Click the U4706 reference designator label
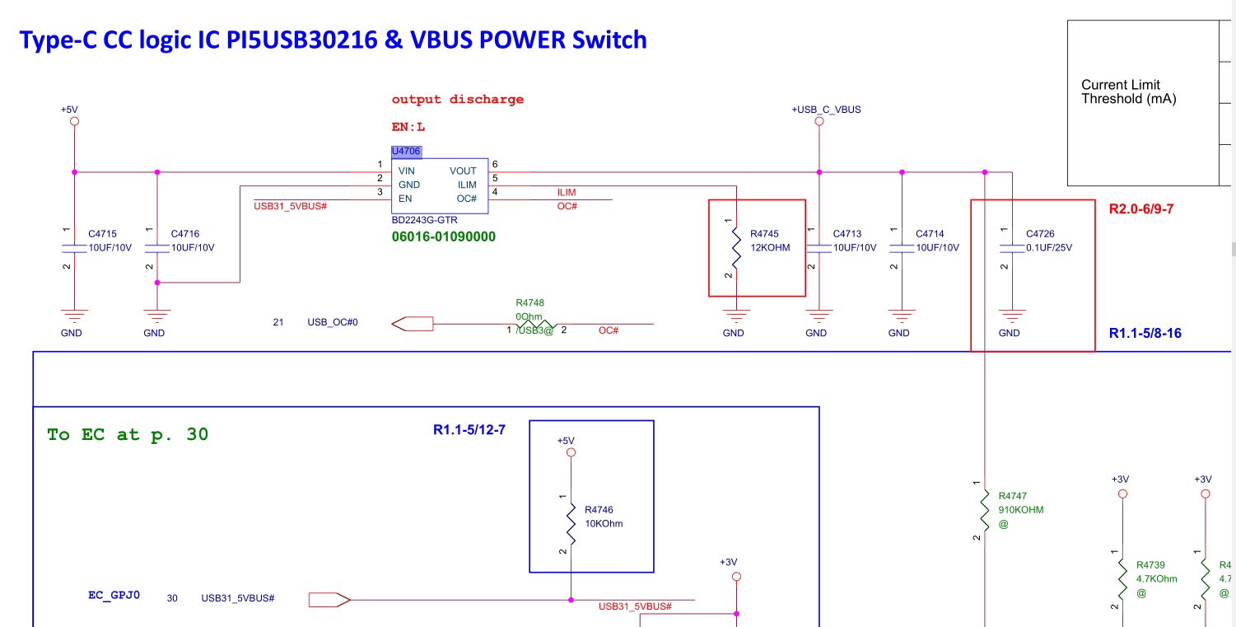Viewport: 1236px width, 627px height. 406,152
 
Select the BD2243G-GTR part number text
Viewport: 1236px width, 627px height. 425,221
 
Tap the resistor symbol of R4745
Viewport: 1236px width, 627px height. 735,247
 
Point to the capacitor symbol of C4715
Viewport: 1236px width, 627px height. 74,247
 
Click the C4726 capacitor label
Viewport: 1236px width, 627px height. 1040,234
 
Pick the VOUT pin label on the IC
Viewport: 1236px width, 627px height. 463,171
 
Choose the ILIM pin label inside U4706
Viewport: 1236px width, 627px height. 467,185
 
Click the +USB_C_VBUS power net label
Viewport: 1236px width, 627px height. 826,110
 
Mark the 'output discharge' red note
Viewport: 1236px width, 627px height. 458,100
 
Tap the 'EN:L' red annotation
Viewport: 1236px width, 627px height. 408,128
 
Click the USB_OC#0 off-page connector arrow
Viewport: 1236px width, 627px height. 413,324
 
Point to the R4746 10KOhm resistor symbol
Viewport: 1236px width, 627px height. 570,518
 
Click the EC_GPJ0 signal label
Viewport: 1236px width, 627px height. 114,594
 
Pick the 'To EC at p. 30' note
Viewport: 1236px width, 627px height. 128,434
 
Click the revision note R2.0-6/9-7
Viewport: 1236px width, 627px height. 1141,209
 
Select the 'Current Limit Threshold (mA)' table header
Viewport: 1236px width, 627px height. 1129,91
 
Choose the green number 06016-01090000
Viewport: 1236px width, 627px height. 444,236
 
